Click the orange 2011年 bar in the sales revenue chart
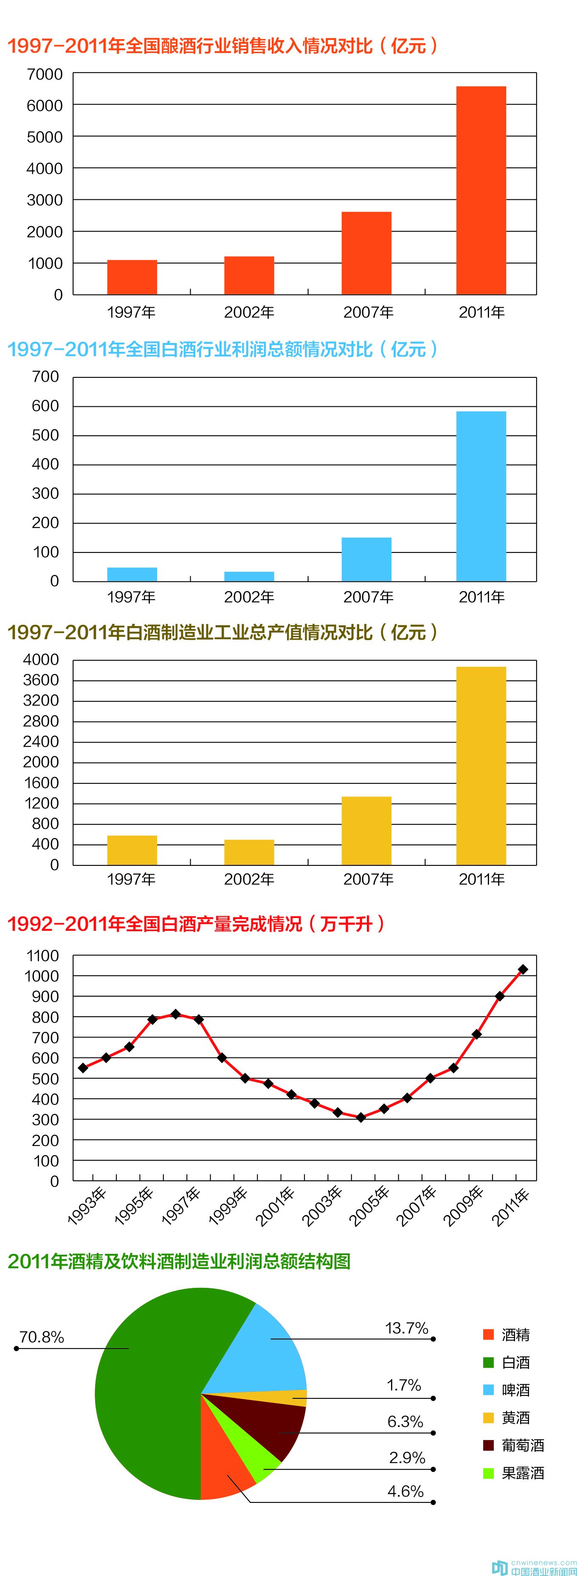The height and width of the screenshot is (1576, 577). [x=481, y=190]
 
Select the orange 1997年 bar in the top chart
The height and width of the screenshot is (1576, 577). [x=132, y=277]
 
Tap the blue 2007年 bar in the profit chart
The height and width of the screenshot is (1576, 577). [x=366, y=559]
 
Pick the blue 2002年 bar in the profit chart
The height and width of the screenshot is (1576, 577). [x=249, y=576]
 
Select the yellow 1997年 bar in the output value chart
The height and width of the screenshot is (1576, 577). [x=132, y=850]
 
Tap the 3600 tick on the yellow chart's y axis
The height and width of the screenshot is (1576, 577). [x=41, y=680]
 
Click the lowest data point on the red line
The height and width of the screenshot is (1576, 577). [x=360, y=1117]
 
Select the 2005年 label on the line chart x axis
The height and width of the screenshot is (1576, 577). [x=369, y=1205]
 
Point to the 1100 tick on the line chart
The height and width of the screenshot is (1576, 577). [x=42, y=955]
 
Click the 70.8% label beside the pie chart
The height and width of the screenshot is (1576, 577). [x=42, y=1337]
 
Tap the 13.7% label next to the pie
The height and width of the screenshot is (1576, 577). [x=406, y=1328]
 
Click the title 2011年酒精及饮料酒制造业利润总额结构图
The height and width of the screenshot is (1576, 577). [x=178, y=1261]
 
